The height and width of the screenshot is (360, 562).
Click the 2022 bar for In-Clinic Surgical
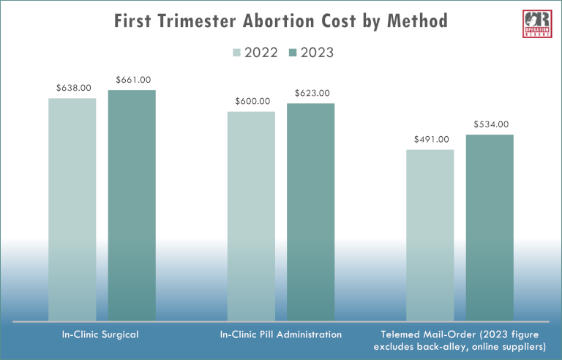tap(72, 209)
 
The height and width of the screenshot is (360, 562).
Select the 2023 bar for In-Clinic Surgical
tap(132, 205)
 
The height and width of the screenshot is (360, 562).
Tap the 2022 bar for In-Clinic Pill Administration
tap(251, 216)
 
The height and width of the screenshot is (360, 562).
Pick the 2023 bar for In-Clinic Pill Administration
tap(310, 211)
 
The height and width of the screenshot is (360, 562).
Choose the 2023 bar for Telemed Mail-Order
tap(490, 227)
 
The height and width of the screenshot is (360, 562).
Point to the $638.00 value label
tap(73, 88)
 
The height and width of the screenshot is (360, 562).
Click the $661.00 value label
tap(132, 80)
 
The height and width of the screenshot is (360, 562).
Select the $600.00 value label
tap(252, 102)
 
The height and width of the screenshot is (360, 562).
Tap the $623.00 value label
tap(312, 93)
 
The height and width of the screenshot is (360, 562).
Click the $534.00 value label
tap(490, 124)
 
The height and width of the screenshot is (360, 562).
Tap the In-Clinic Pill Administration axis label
tap(281, 334)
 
